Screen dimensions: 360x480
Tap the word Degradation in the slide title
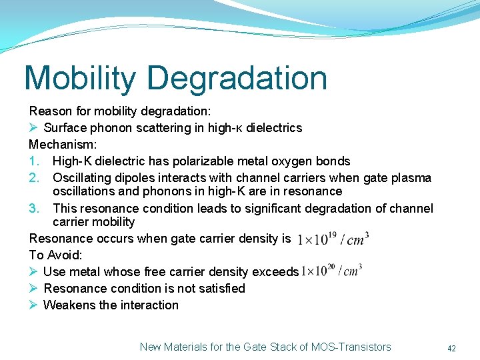coord(237,78)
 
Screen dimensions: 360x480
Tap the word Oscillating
coord(83,178)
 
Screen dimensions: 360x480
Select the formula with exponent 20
coord(331,271)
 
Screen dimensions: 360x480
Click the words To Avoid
coord(55,255)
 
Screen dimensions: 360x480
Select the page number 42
coord(451,348)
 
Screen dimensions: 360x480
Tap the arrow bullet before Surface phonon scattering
coord(33,128)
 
